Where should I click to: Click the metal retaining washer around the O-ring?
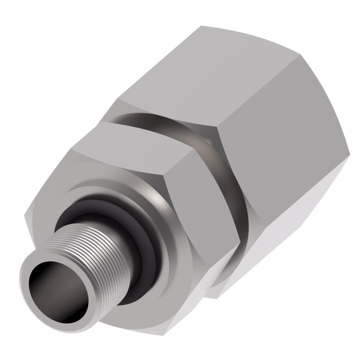pos(158,252)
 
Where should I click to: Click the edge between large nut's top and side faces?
pos(259,94)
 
